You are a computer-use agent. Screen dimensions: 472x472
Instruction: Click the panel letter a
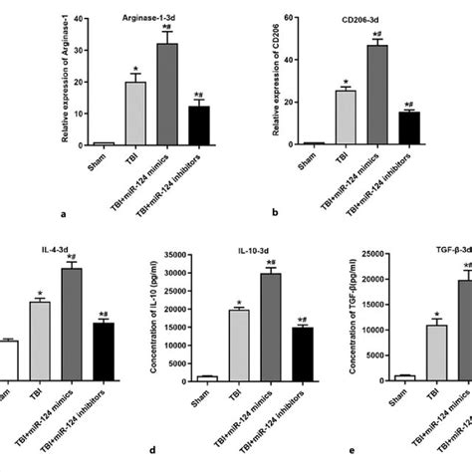(64, 212)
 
